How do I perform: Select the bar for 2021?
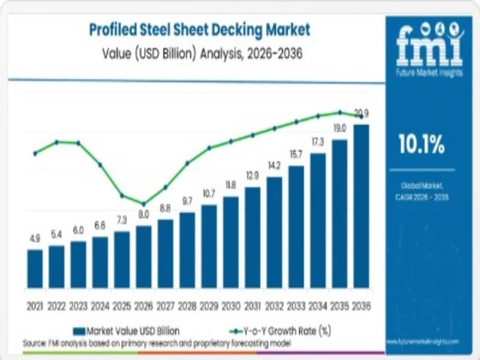tap(35, 268)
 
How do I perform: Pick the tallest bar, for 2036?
tap(361, 205)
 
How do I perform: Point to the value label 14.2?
tap(274, 166)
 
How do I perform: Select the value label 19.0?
tap(340, 128)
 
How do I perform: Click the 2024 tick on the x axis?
tap(100, 307)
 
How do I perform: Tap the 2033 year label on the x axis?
tap(296, 307)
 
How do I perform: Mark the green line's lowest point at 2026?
tap(143, 203)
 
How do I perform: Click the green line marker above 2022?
tap(56, 142)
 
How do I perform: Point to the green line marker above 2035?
tap(340, 112)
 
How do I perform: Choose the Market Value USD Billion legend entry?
tap(125, 331)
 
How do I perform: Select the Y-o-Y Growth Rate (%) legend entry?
tap(281, 331)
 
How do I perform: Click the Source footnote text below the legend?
tap(157, 343)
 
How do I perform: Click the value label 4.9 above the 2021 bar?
tap(35, 239)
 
